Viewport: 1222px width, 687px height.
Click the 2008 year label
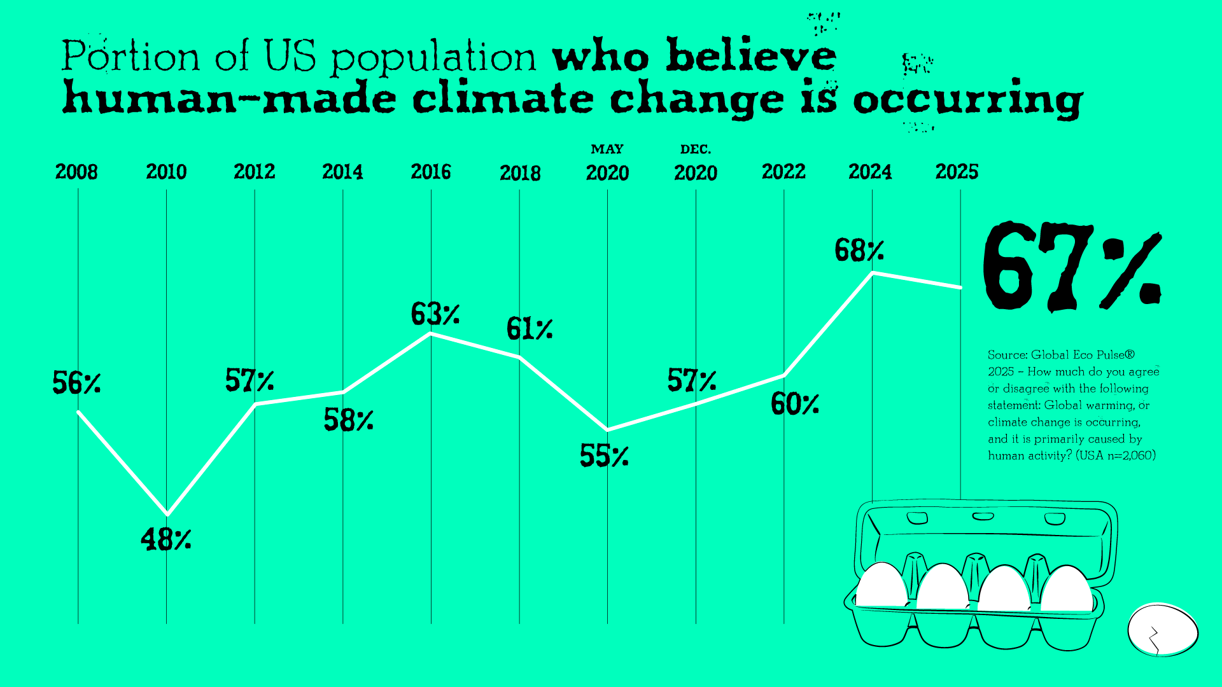tap(76, 172)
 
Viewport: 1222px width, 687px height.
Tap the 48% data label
tap(165, 539)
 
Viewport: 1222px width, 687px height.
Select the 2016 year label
tap(431, 172)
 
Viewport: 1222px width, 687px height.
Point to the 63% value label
tap(435, 314)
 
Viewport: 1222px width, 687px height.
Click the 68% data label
tap(859, 250)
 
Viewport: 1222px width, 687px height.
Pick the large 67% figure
tap(1072, 267)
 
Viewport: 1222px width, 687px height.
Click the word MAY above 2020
tap(607, 149)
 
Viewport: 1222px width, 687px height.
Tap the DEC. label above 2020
tap(696, 149)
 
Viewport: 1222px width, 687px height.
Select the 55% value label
tap(604, 455)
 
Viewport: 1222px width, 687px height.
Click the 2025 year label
tap(957, 172)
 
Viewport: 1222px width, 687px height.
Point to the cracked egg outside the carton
tap(1163, 630)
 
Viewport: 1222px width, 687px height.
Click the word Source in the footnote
tap(1006, 355)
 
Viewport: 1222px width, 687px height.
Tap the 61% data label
tap(530, 329)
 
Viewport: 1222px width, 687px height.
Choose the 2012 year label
tap(255, 172)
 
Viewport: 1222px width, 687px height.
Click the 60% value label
tap(794, 404)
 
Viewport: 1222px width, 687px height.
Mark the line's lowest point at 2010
tap(167, 514)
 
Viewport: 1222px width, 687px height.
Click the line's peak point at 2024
tap(872, 273)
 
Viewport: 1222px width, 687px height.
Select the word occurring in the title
tap(967, 101)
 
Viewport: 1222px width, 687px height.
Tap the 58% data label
tap(348, 420)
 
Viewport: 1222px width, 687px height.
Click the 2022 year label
tap(783, 172)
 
